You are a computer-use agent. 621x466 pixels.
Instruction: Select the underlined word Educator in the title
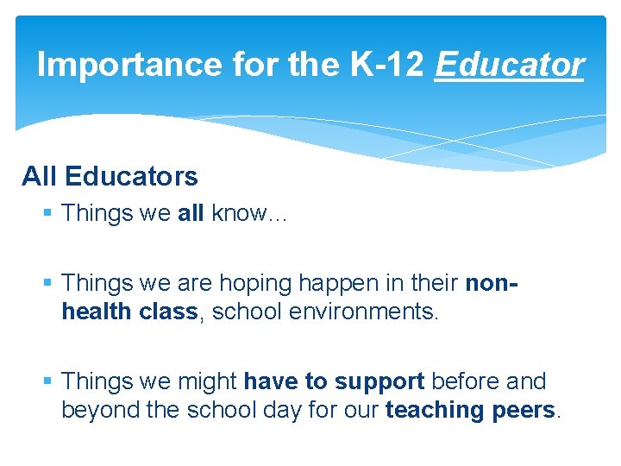510,65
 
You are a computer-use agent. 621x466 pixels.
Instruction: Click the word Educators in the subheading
130,177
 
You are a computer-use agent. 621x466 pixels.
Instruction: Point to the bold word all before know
190,213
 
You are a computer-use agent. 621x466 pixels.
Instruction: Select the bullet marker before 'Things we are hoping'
51,283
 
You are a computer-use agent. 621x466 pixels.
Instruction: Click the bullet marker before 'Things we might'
51,381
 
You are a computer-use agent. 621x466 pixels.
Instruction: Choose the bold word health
96,312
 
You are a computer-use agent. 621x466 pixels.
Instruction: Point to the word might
208,381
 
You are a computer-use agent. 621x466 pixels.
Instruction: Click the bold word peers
523,410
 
